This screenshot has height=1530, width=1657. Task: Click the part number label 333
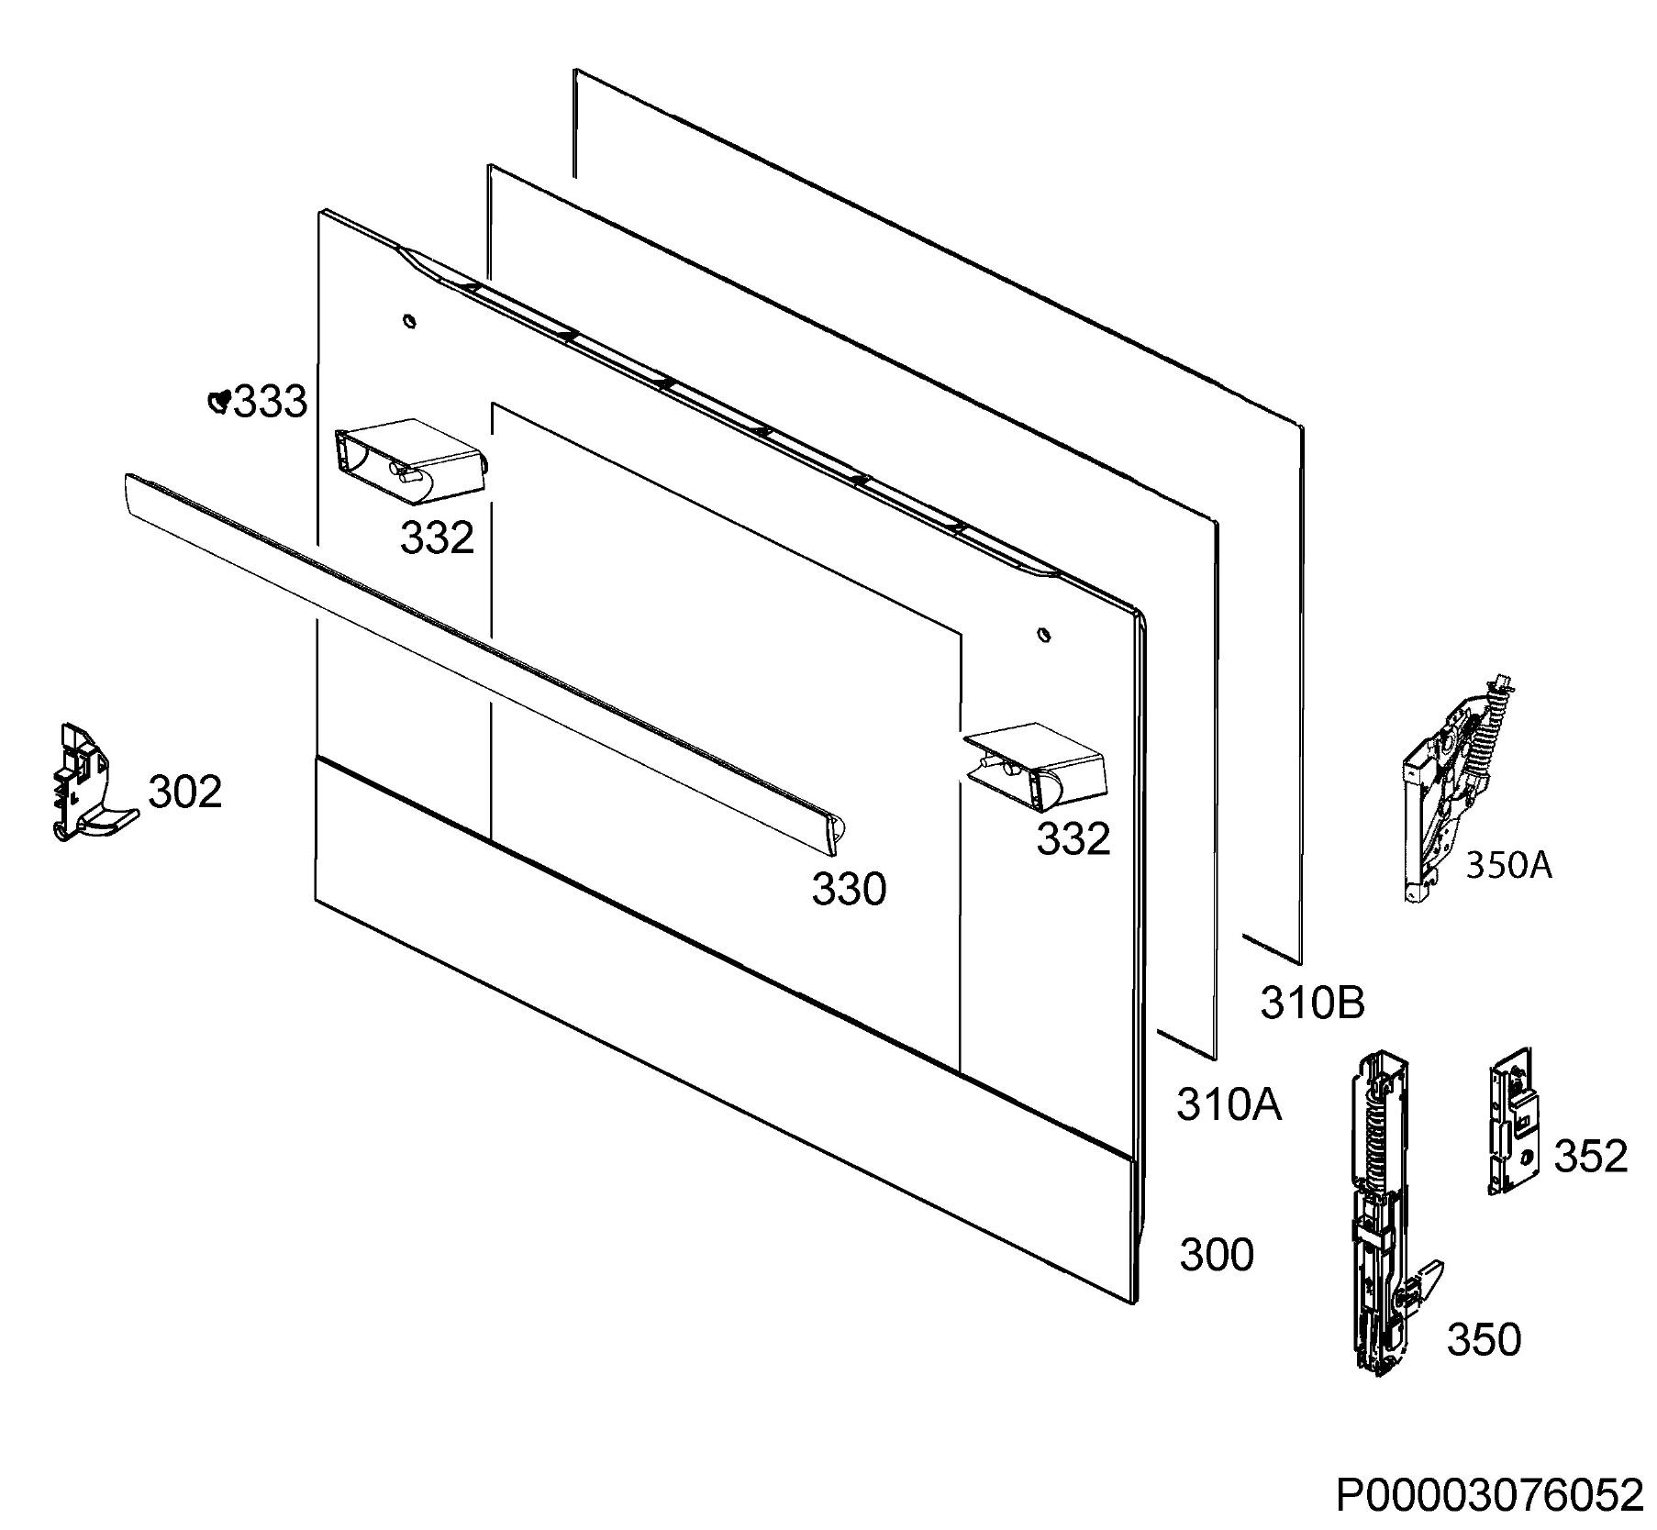pos(271,402)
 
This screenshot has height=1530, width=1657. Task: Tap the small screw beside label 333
pos(218,401)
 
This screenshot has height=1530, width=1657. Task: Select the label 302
pos(185,792)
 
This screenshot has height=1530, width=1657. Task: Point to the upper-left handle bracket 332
pos(409,462)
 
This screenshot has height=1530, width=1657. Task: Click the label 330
pos(850,889)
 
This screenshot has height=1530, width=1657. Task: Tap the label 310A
pos(1229,1105)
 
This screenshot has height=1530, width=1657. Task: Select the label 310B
pos(1313,1003)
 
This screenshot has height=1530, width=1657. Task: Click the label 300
pos(1217,1255)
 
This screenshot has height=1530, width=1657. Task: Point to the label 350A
pos(1509,865)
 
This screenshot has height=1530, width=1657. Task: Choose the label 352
pos(1591,1157)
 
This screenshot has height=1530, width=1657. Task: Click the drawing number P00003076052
pos(1490,1496)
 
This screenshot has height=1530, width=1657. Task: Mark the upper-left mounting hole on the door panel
pos(409,320)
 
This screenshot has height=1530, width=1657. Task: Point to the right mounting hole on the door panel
pos(1044,634)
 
